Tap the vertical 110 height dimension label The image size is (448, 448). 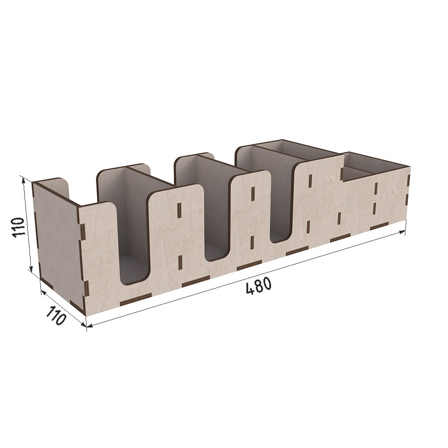click(x=18, y=227)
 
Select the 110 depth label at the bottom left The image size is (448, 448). click(x=56, y=315)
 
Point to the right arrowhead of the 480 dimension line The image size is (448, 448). click(x=402, y=232)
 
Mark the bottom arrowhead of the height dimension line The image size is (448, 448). click(x=31, y=268)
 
